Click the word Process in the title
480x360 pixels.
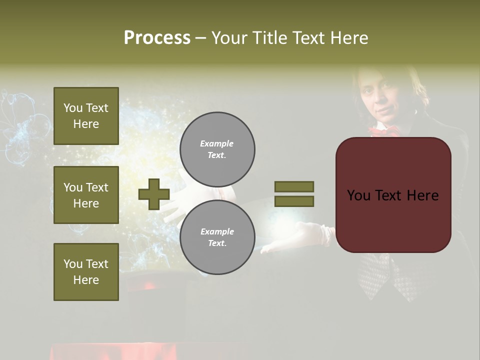pyautogui.click(x=157, y=38)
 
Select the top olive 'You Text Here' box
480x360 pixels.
pyautogui.click(x=86, y=116)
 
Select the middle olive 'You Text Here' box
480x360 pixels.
pyautogui.click(x=86, y=195)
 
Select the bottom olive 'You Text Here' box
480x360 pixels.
pyautogui.click(x=86, y=271)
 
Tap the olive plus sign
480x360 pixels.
pyautogui.click(x=154, y=194)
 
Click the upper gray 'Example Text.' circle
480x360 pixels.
pyautogui.click(x=217, y=149)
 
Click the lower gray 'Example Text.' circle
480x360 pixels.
pyautogui.click(x=217, y=237)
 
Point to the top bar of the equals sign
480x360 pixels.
pyautogui.click(x=294, y=186)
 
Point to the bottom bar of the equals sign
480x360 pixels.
pyautogui.click(x=294, y=201)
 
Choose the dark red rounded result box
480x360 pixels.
pyautogui.click(x=393, y=195)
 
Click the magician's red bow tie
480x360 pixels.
pyautogui.click(x=384, y=131)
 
